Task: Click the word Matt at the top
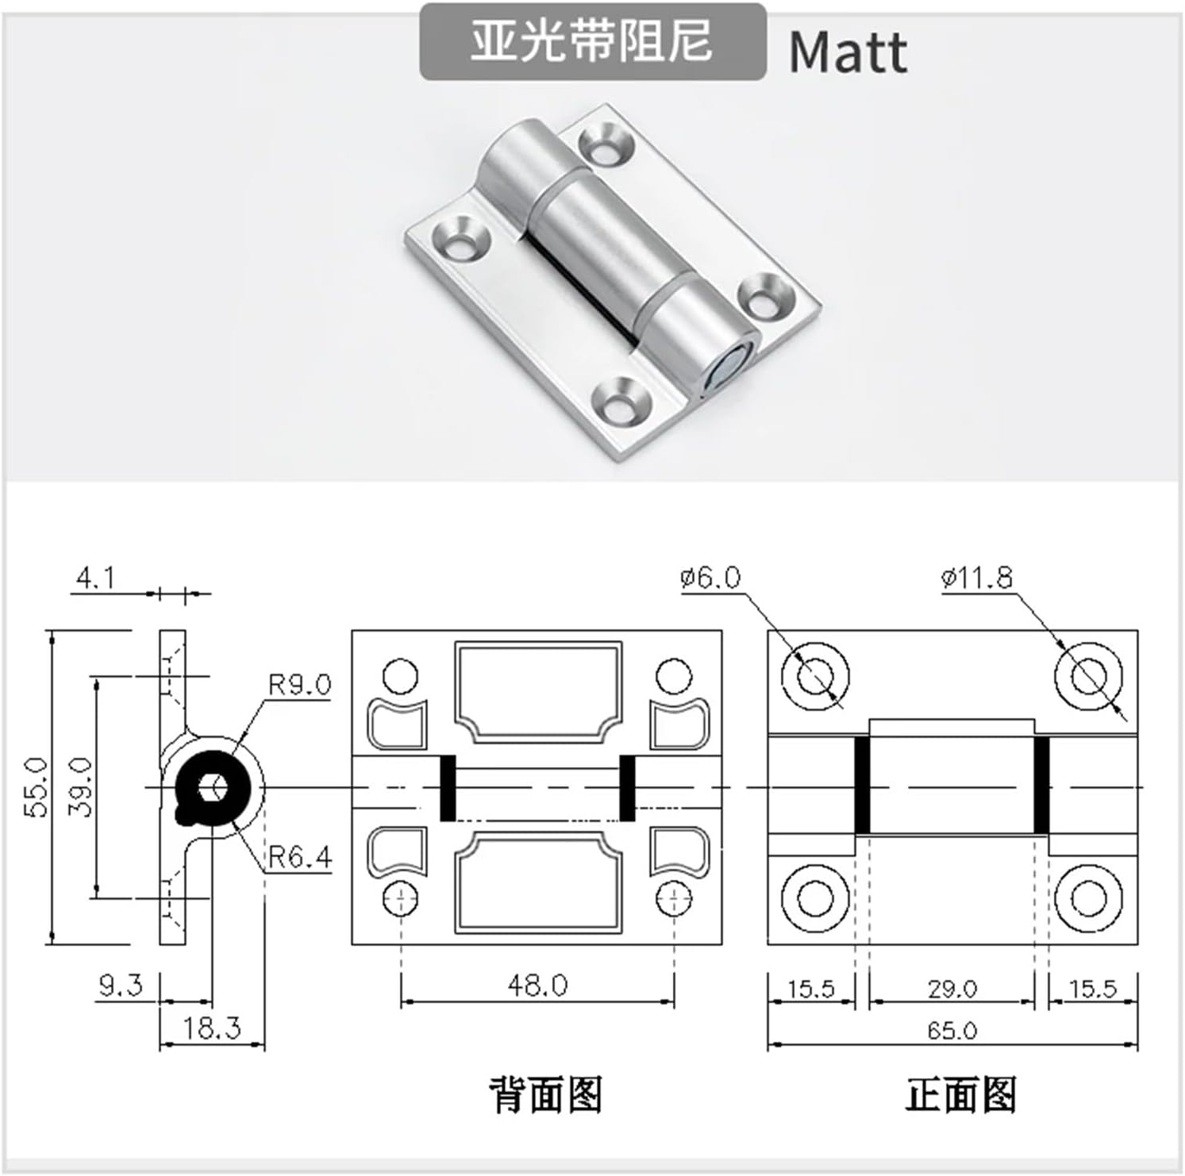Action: [847, 52]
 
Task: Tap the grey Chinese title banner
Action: [592, 41]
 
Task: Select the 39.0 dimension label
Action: [81, 786]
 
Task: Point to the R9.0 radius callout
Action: [298, 684]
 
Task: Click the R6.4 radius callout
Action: [299, 857]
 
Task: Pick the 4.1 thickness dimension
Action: [95, 578]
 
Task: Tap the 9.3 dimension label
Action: [120, 986]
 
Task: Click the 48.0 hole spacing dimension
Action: [537, 986]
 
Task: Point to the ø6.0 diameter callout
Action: [710, 578]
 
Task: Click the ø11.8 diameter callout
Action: [976, 578]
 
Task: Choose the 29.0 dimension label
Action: [952, 989]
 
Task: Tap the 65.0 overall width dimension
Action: [952, 1031]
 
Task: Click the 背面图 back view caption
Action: [545, 1095]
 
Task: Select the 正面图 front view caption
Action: [960, 1095]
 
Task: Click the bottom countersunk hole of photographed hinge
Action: [620, 398]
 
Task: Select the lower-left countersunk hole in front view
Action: [815, 898]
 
